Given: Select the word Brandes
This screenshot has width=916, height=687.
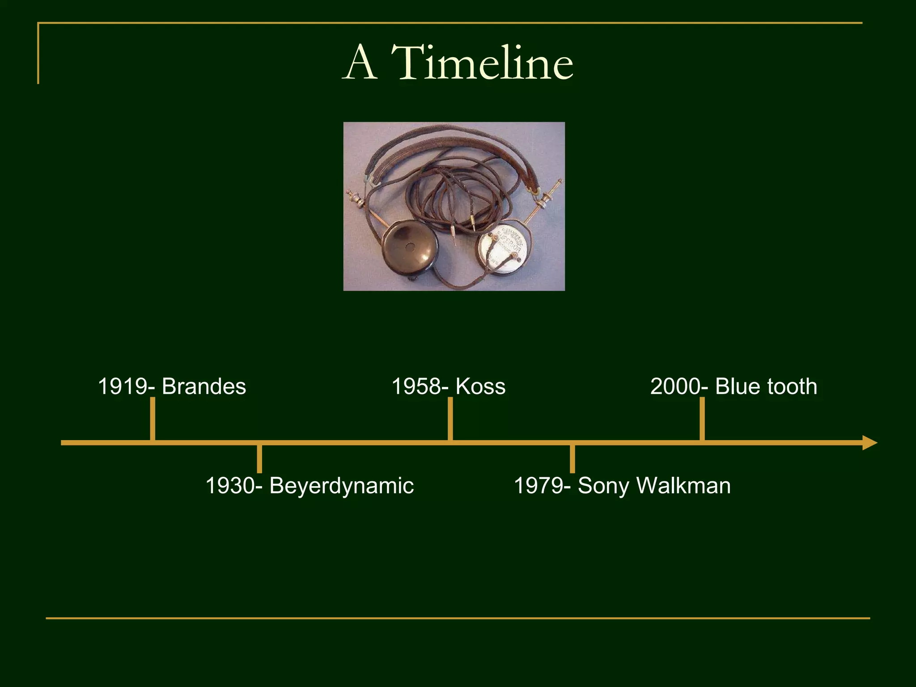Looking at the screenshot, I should pyautogui.click(x=204, y=386).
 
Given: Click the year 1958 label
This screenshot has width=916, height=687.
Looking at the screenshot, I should pyautogui.click(x=416, y=386).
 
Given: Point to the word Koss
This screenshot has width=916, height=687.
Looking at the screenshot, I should pyautogui.click(x=480, y=386).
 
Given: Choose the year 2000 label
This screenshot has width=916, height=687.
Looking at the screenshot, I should pyautogui.click(x=676, y=386).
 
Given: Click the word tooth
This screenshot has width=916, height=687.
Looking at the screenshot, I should pyautogui.click(x=792, y=386).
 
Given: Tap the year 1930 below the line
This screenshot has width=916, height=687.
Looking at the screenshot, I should pyautogui.click(x=230, y=486).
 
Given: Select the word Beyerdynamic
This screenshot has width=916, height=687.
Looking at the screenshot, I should pyautogui.click(x=341, y=486).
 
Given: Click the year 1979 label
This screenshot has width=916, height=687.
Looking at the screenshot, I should pyautogui.click(x=539, y=486).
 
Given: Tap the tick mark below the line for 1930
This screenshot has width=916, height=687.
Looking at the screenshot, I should pyautogui.click(x=259, y=458).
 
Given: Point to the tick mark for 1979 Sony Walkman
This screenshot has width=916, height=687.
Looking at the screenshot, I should pyautogui.click(x=572, y=458).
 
